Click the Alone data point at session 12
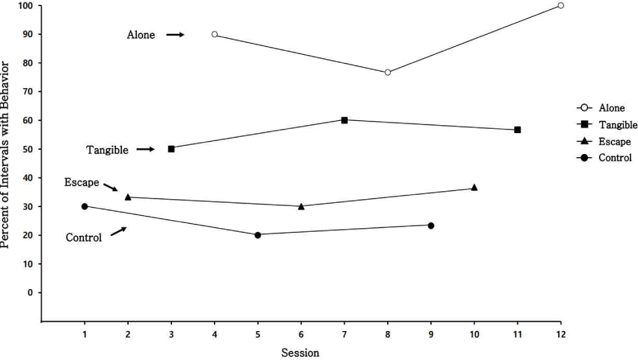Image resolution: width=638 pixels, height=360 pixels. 560,6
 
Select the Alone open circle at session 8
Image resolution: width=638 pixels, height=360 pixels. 387,72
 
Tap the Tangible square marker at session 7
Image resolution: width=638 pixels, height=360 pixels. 344,120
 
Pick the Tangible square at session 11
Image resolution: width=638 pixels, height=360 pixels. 517,130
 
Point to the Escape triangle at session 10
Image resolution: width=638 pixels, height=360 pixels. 474,187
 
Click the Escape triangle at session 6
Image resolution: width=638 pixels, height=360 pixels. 301,206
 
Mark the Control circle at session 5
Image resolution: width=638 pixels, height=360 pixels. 258,235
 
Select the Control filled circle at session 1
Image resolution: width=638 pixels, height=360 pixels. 84,206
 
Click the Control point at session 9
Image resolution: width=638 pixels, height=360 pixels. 431,226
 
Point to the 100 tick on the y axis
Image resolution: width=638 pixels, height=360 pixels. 27,6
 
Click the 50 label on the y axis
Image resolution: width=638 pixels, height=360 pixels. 28,149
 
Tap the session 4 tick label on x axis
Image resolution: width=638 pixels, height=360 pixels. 215,334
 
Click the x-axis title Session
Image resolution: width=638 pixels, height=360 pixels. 301,353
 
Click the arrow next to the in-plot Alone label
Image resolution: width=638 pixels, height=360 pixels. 176,35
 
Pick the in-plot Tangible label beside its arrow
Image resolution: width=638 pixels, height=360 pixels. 107,150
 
